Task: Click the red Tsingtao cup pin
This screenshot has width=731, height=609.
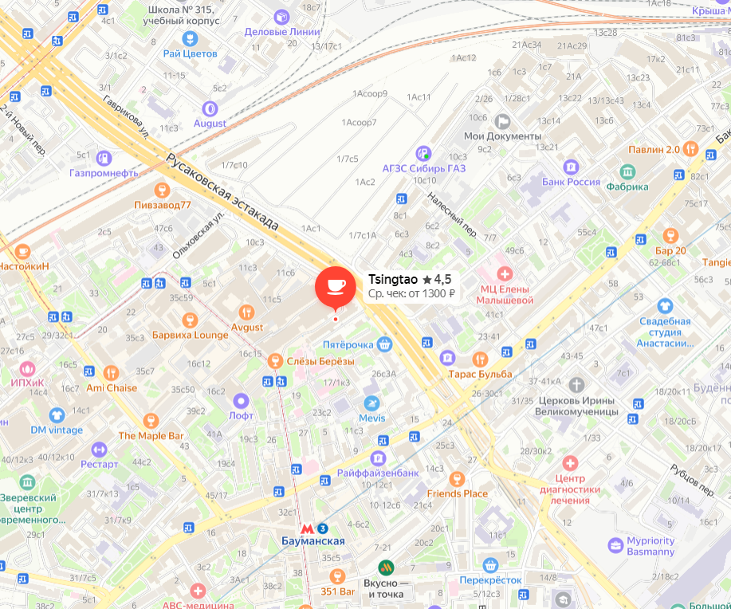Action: [336, 286]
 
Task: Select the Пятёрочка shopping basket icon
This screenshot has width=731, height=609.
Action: [385, 344]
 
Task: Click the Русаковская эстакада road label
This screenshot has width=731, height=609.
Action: [222, 191]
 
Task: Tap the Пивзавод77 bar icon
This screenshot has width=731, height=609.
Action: [163, 189]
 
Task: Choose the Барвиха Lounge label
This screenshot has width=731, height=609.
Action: [190, 335]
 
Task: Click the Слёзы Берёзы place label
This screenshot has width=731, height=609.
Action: [320, 361]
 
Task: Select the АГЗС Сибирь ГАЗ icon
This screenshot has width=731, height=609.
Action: [423, 152]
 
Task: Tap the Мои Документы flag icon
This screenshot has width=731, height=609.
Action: [502, 121]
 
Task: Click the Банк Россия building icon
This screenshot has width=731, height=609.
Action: [571, 167]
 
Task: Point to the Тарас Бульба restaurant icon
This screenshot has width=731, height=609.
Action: [480, 359]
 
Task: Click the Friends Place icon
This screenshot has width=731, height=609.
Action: [456, 478]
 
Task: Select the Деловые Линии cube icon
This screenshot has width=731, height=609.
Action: [281, 17]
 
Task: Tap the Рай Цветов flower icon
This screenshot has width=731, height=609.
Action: [190, 38]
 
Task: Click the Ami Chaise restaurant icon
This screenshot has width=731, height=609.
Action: [111, 372]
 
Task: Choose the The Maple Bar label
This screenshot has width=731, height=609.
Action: [151, 436]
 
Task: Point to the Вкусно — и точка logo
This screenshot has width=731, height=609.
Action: [386, 568]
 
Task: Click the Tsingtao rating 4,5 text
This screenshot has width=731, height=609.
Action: [437, 279]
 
